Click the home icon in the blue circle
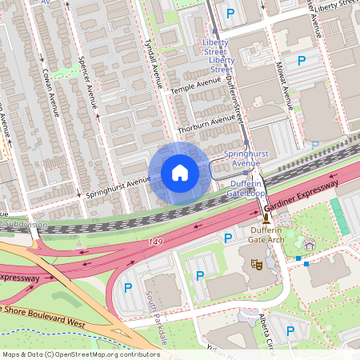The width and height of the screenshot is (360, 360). point(180,173)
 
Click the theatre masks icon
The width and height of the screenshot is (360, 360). point(257,263)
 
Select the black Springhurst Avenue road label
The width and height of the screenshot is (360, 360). point(118,188)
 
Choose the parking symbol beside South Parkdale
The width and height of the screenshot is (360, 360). point(126,288)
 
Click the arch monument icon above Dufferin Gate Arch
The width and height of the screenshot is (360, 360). point(266,217)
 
